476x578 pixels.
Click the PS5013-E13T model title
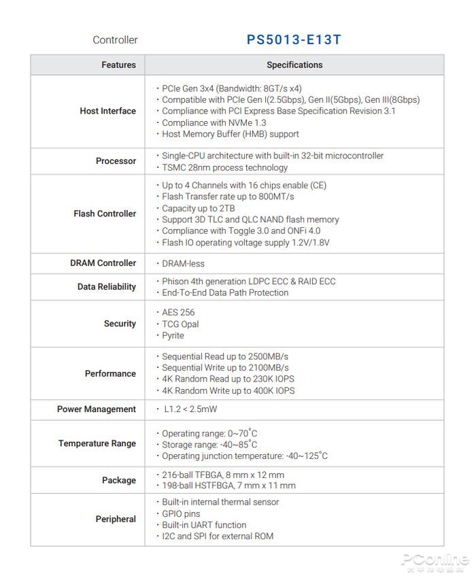coord(294,40)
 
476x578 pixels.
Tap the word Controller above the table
coord(115,40)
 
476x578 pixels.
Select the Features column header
coord(118,65)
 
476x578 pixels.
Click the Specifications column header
coord(294,65)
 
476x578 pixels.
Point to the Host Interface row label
coord(107,111)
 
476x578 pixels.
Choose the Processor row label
coord(116,161)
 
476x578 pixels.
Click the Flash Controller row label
coord(105,214)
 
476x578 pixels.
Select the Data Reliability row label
coord(106,287)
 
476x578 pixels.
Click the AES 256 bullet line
coord(178,313)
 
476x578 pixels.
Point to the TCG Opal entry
coord(180,324)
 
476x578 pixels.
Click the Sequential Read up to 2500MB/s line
coord(225,357)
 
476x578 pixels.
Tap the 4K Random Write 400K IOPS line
coord(228,391)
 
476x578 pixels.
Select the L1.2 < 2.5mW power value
coord(190,409)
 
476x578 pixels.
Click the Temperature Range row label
coord(97,443)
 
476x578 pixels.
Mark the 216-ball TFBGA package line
coord(223,475)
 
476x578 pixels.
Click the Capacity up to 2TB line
coord(199,209)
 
